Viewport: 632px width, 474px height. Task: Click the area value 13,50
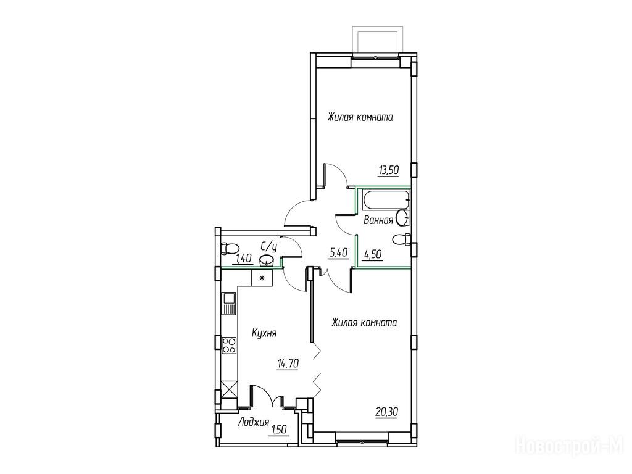pyautogui.click(x=388, y=171)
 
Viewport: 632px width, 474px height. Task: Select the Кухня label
pyautogui.click(x=264, y=334)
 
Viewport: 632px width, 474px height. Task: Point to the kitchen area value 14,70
pyautogui.click(x=288, y=364)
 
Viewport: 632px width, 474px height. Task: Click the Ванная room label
pyautogui.click(x=378, y=220)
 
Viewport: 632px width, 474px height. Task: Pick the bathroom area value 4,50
pyautogui.click(x=373, y=254)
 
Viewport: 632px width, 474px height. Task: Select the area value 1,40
pyautogui.click(x=244, y=259)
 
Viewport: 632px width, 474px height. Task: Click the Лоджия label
pyautogui.click(x=254, y=422)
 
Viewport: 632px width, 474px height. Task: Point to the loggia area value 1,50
pyautogui.click(x=279, y=430)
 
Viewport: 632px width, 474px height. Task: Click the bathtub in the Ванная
pyautogui.click(x=386, y=201)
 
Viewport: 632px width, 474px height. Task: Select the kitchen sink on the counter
pyautogui.click(x=230, y=304)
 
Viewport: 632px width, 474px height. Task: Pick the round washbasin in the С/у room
pyautogui.click(x=267, y=260)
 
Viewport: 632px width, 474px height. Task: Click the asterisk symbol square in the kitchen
pyautogui.click(x=262, y=278)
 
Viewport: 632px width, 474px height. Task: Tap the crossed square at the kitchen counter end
pyautogui.click(x=230, y=389)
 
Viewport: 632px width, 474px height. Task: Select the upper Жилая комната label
pyautogui.click(x=360, y=117)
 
